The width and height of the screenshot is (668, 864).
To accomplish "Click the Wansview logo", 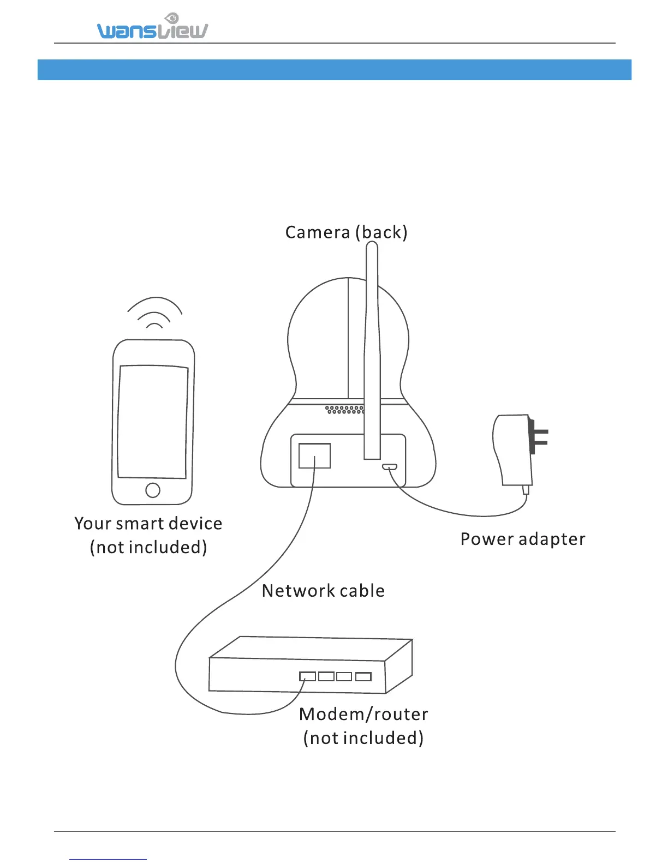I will point(152,28).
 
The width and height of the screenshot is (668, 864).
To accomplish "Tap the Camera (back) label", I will point(346,232).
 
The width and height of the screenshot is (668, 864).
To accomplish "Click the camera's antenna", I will point(372,349).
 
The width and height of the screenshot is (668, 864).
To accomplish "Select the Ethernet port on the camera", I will point(314,455).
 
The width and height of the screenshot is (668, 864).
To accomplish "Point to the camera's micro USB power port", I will point(389,467).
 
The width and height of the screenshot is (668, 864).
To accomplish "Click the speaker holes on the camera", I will point(344,409).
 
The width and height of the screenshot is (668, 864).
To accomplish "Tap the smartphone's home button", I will point(153,490).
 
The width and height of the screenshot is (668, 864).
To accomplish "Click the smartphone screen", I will point(153,421).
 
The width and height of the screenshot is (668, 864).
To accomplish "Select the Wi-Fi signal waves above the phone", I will point(154,314).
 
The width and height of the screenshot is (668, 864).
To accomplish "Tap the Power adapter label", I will point(522,539).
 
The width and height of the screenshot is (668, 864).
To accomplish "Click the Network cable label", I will point(323,591).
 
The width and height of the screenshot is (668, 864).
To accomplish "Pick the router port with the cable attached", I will point(307,676).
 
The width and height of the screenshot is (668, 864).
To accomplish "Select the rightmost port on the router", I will point(363,677).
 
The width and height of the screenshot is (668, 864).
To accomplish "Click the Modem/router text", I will point(363,714).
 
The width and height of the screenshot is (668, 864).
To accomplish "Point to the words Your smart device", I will point(148,524).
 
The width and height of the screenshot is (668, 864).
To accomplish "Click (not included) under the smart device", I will point(148,547).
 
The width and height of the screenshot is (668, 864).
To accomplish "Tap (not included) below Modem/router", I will point(363,738).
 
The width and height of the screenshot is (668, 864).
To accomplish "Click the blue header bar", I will point(334,70).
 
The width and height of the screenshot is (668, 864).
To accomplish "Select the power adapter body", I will point(512,450).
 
